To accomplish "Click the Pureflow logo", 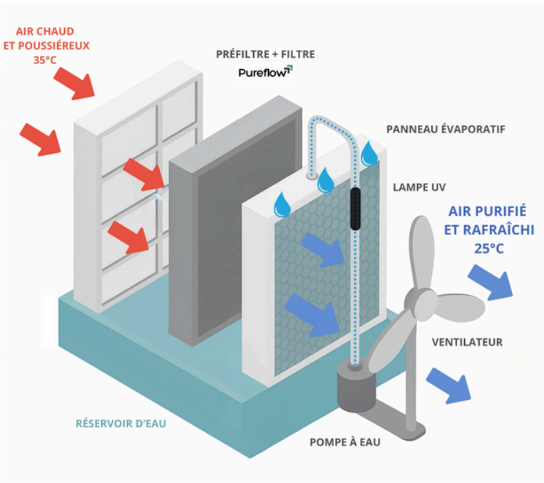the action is point(265,72).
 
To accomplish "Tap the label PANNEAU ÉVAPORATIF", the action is point(446,130).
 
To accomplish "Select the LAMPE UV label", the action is point(419,187).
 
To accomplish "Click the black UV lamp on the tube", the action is point(355,209).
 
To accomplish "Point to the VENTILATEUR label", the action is point(467,342).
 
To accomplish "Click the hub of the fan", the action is point(421,299).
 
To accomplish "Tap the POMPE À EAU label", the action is point(345,442).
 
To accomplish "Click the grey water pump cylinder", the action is point(356,387).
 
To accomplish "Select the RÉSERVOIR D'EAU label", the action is point(120,423).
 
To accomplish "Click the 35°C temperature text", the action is point(45,60).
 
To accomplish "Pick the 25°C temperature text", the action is point(489,249).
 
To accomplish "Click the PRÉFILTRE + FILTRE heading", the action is point(265,54).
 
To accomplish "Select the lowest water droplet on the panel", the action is point(282,205).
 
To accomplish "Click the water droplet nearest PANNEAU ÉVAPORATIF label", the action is point(369,153).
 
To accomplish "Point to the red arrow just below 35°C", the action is point(74,83).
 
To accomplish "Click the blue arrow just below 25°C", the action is point(491,282).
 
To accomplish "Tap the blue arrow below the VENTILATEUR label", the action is point(448,385).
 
